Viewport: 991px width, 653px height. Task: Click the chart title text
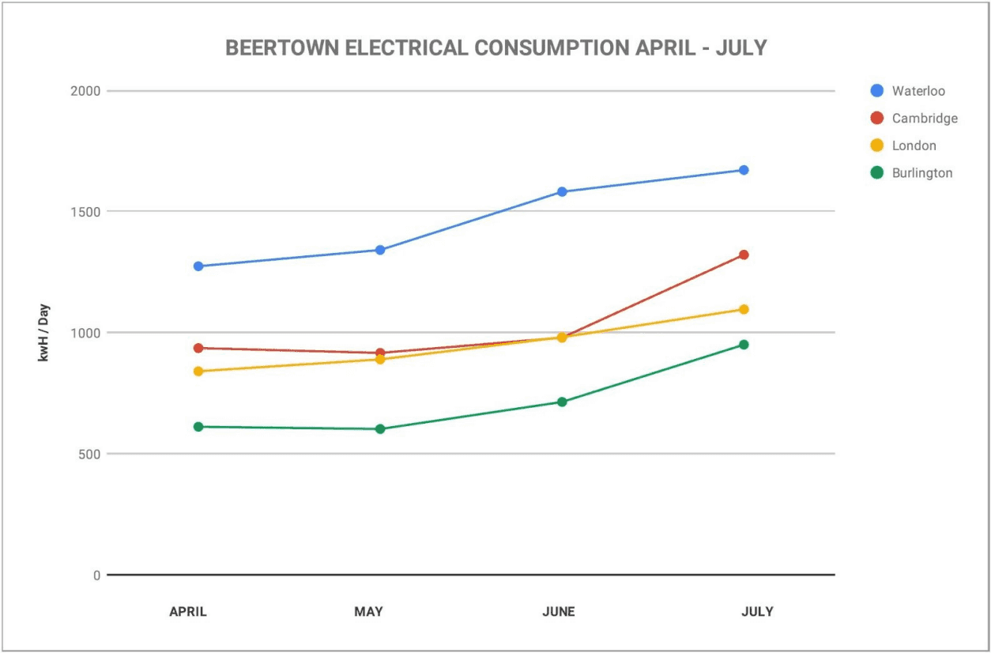point(495,48)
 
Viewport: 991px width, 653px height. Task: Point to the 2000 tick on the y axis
point(86,91)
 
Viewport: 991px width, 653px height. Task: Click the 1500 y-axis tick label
point(86,212)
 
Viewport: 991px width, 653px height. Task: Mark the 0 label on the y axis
point(96,576)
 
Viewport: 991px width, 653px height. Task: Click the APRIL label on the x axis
point(188,612)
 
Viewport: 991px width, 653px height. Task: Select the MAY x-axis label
point(368,612)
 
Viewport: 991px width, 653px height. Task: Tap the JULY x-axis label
point(757,612)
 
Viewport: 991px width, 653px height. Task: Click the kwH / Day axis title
point(44,333)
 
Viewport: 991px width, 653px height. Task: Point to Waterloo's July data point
point(744,170)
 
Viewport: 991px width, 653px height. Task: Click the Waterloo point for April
point(198,266)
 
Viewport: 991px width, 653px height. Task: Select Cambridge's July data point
point(744,255)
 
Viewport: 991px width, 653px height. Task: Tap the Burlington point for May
point(380,429)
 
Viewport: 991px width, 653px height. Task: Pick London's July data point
point(744,309)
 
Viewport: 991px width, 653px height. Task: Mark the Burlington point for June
point(562,402)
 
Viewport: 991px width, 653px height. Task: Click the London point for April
point(198,372)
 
